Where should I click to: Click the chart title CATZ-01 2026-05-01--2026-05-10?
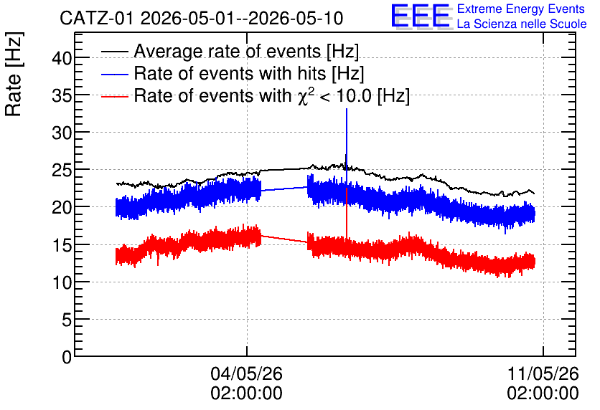coord(201,18)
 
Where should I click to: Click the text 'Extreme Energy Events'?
coord(521,9)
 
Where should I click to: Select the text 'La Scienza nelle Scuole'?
coord(522,24)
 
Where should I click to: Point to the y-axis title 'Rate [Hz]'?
coord(14,74)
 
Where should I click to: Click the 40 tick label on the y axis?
coord(62,59)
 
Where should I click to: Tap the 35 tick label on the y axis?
coord(62,95)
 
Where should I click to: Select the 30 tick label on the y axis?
coord(62,133)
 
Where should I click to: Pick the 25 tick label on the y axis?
coord(62,171)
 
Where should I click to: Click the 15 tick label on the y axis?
coord(62,245)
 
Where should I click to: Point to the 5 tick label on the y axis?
coord(67,320)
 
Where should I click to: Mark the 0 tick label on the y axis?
coord(67,357)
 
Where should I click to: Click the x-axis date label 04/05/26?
coord(246,373)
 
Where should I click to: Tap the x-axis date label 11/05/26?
coord(543,373)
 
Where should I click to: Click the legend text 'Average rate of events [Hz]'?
coord(246,51)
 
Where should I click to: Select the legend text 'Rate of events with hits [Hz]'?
coord(249,73)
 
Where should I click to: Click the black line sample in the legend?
coord(114,52)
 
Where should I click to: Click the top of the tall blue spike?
coord(347,109)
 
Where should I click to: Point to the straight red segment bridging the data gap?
coord(284,239)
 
